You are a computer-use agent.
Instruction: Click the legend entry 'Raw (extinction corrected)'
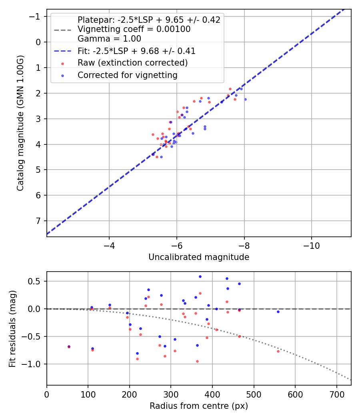pyautogui.click(x=132, y=63)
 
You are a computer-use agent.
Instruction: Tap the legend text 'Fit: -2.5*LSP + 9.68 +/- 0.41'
pyautogui.click(x=136, y=51)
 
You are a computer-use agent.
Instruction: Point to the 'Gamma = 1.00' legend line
pyautogui.click(x=109, y=39)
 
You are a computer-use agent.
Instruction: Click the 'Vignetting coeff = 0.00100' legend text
pyautogui.click(x=134, y=29)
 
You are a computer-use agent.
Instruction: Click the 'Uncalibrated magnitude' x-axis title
pyautogui.click(x=199, y=257)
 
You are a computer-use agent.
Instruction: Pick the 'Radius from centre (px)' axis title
pyautogui.click(x=199, y=406)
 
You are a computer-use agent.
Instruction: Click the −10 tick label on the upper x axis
pyautogui.click(x=311, y=246)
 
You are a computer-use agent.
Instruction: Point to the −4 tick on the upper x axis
pyautogui.click(x=109, y=246)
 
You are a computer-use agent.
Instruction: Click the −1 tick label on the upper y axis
pyautogui.click(x=36, y=16)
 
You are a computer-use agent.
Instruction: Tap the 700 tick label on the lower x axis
pyautogui.click(x=336, y=394)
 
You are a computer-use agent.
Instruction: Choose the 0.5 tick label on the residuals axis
pyautogui.click(x=36, y=281)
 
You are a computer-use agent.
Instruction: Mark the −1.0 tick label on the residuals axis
pyautogui.click(x=34, y=364)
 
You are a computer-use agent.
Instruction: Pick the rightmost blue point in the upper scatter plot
pyautogui.click(x=245, y=99)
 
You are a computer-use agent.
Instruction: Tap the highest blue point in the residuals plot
pyautogui.click(x=200, y=276)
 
